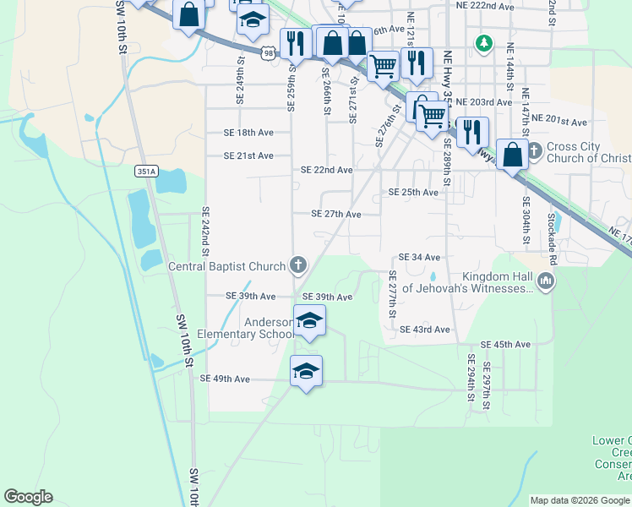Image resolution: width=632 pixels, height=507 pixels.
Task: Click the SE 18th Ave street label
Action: point(248,133)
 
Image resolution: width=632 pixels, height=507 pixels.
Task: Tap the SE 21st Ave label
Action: point(248,155)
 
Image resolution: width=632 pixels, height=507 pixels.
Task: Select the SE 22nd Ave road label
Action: point(327,170)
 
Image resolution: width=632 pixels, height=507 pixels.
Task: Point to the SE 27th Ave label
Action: point(336,215)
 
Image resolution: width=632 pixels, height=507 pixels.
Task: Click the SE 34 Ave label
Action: point(420,257)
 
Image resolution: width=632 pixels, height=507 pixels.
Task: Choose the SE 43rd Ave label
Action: point(425,329)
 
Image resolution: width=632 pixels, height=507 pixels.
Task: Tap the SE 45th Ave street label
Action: point(505,345)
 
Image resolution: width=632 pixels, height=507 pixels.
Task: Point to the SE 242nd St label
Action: point(205,231)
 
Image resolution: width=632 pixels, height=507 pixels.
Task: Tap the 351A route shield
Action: point(145,171)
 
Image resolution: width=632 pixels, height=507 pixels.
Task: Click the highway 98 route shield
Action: point(268,54)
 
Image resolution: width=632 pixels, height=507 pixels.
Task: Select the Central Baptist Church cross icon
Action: point(297,266)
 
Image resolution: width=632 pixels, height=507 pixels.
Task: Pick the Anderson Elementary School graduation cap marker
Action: point(309,321)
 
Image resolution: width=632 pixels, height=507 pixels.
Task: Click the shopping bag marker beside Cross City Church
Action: point(512,155)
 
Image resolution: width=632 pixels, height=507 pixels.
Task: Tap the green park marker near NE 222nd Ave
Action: point(484,41)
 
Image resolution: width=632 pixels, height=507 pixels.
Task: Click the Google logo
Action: point(28,497)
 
